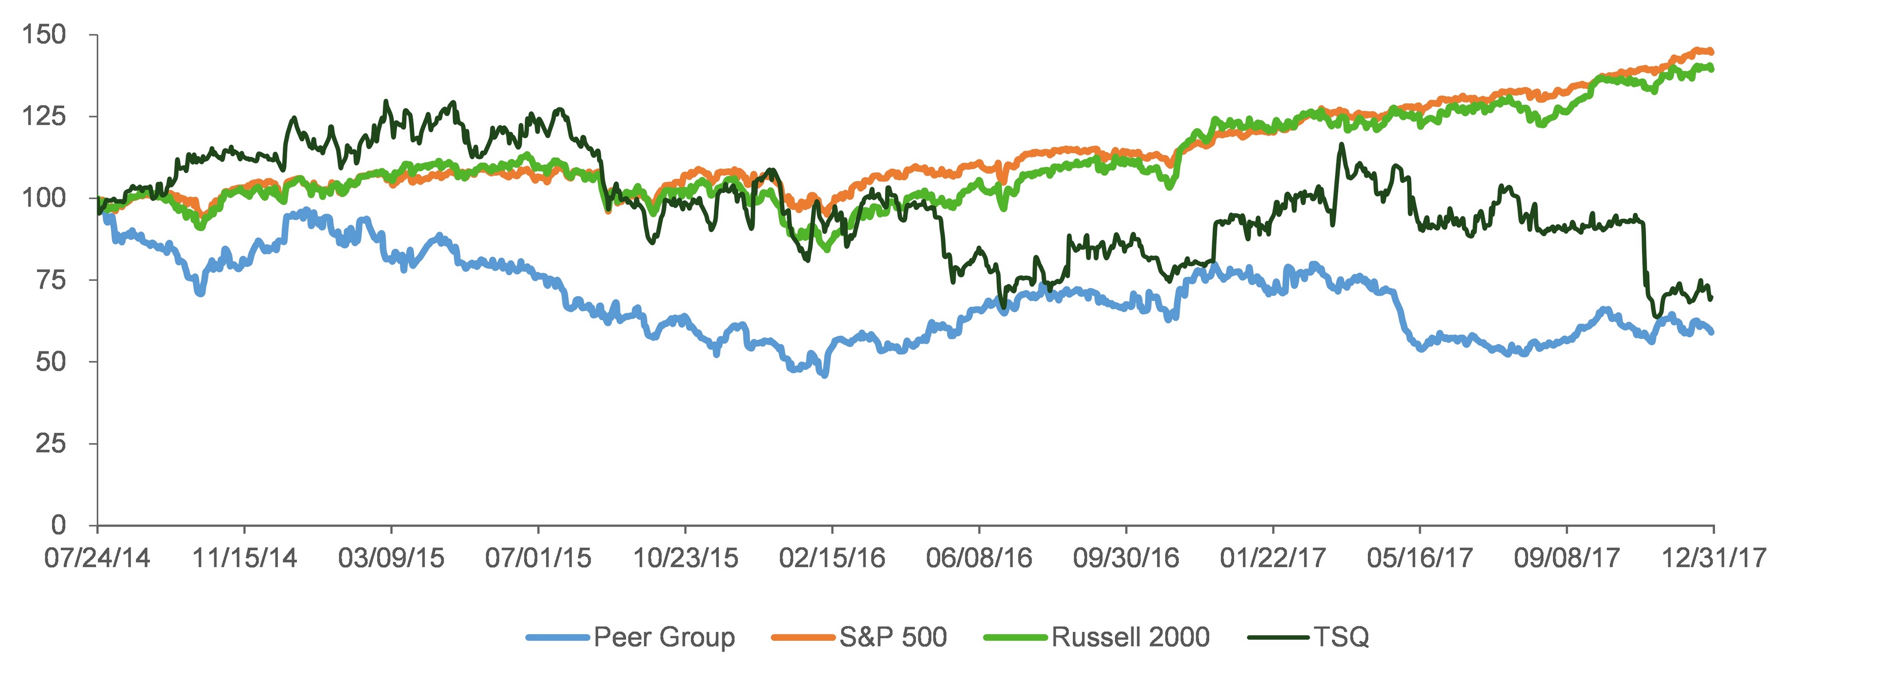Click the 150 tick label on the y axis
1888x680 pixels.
44,34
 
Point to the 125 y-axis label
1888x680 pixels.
44,116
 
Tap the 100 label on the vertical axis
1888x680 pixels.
44,198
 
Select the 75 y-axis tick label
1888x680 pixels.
51,280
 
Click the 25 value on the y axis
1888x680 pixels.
51,443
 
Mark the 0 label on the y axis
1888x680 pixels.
58,525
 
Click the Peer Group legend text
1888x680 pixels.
664,637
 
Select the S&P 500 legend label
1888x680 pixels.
893,637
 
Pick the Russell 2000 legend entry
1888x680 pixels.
1130,637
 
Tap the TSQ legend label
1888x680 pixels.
1340,637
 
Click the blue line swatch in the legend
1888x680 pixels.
558,638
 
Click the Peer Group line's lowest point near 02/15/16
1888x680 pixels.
826,375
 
